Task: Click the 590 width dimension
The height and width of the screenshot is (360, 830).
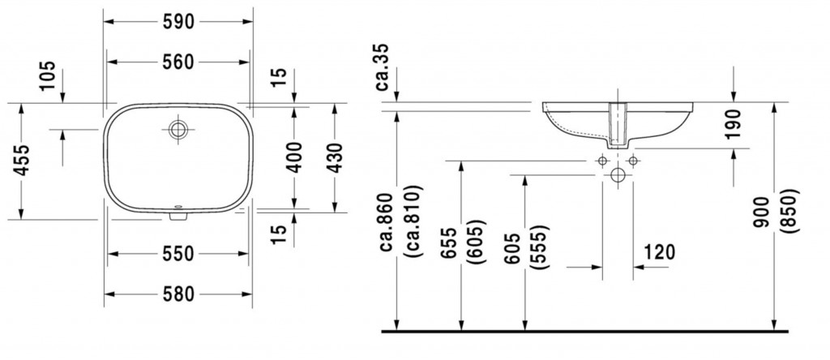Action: tap(178, 22)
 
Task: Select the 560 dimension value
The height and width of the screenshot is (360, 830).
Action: tap(178, 62)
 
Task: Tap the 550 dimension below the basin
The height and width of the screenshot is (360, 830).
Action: tap(178, 254)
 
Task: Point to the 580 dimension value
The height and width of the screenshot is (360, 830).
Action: tap(178, 294)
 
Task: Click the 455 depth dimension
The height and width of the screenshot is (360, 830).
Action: tap(22, 160)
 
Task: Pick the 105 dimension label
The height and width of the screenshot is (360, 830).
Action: tap(47, 75)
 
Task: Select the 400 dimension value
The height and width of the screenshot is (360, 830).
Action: tap(294, 157)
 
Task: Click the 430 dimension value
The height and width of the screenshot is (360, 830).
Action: tap(335, 157)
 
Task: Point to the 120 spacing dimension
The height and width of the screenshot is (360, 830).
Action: tap(660, 252)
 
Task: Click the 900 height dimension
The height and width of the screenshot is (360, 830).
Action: tap(763, 212)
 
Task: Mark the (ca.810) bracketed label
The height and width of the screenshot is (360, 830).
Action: tap(413, 222)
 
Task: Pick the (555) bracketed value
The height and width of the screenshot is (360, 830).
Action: tap(541, 247)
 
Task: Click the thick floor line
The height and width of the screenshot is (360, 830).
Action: tap(585, 332)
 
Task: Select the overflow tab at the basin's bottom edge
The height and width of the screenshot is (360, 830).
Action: tap(178, 216)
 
